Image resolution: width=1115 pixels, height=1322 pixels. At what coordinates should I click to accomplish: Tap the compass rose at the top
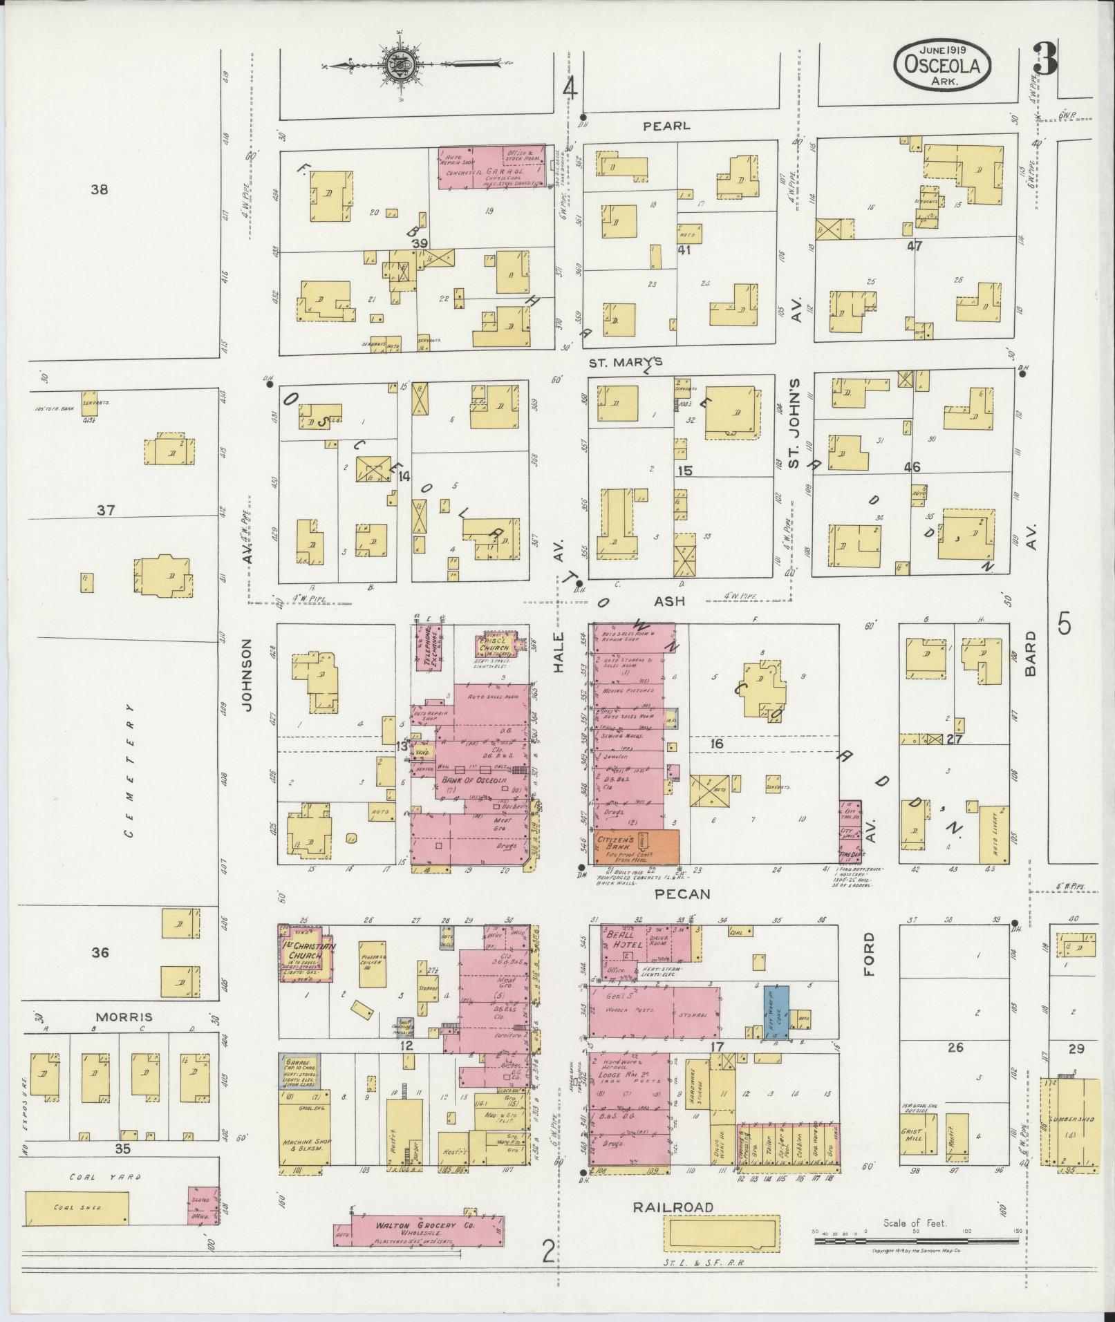[x=400, y=66]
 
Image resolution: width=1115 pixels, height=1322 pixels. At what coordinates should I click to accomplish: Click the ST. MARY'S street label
[x=626, y=362]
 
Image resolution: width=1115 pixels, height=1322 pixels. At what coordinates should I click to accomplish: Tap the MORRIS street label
[x=124, y=1017]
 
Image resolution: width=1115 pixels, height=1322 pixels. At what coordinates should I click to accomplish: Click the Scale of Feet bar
[x=914, y=1241]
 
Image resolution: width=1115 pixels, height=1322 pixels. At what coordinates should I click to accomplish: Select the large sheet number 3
[x=1046, y=59]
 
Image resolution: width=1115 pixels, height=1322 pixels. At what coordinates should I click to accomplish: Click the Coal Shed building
[x=77, y=1207]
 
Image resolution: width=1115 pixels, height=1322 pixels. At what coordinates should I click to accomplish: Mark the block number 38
[x=100, y=189]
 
